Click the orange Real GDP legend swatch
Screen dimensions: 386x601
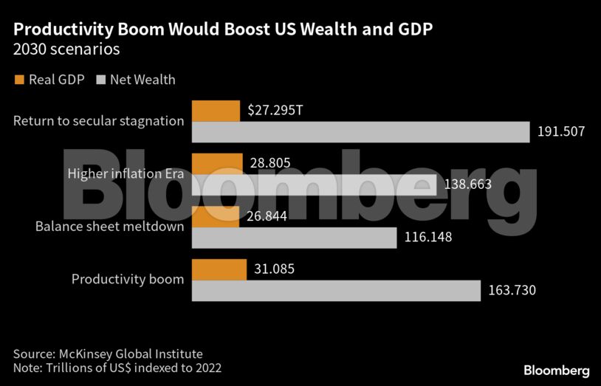click(19, 80)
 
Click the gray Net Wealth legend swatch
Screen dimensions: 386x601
click(101, 80)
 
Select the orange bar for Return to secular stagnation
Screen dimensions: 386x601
click(216, 111)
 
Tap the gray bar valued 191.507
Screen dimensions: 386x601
click(360, 132)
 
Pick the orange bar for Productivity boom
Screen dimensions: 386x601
click(219, 269)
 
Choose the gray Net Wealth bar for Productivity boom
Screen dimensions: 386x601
click(336, 291)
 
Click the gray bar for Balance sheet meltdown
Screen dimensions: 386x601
click(295, 238)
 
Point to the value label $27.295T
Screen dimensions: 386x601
click(275, 111)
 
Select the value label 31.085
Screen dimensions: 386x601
click(274, 269)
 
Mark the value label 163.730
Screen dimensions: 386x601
click(512, 291)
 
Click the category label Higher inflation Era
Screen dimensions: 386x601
click(126, 174)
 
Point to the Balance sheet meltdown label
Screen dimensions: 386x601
click(109, 227)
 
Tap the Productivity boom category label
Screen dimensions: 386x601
click(127, 280)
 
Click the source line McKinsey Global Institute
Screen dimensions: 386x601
click(108, 354)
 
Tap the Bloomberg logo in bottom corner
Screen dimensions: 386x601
click(556, 370)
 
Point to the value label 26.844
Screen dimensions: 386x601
click(268, 216)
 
